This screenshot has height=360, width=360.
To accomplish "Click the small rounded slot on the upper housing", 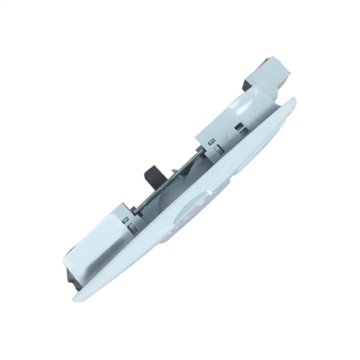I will [x=210, y=142].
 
